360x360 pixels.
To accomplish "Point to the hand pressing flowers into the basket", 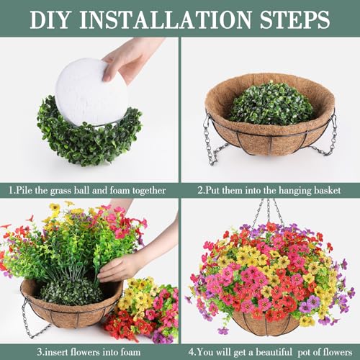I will click(x=122, y=266).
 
